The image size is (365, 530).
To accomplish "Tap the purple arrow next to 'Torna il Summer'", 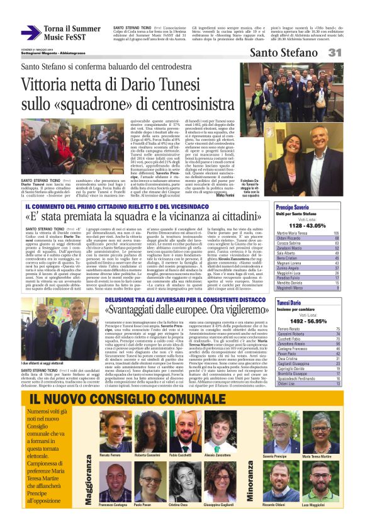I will [x=31, y=32].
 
